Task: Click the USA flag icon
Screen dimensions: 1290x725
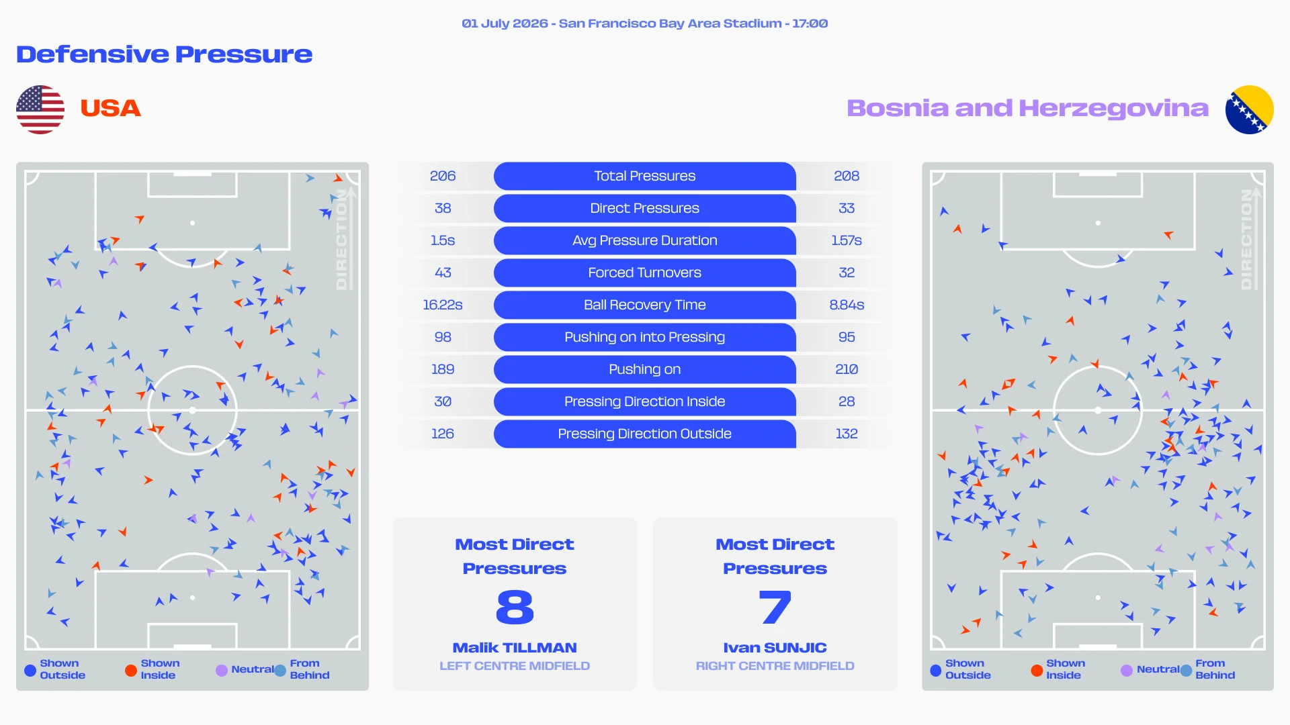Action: (x=40, y=109)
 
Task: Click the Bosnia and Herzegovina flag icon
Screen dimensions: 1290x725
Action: (x=1249, y=109)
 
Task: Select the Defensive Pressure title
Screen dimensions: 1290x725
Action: (x=165, y=54)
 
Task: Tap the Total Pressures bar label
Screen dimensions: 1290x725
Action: (x=644, y=176)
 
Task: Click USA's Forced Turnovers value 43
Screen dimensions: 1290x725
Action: (x=443, y=273)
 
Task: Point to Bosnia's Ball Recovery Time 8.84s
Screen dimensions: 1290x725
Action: (x=847, y=305)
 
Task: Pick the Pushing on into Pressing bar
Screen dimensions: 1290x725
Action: (x=644, y=337)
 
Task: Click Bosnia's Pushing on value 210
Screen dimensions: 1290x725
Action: (x=847, y=369)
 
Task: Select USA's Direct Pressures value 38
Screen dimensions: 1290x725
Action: (x=443, y=208)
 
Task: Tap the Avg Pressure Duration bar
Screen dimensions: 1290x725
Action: (x=644, y=240)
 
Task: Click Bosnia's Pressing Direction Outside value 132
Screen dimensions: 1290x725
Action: (x=847, y=434)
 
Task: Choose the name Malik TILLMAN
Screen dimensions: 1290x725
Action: (x=515, y=648)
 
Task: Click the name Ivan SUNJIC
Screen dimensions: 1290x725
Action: (x=775, y=648)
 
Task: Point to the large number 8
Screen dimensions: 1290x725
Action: (x=515, y=607)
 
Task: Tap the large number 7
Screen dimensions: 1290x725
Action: (x=775, y=607)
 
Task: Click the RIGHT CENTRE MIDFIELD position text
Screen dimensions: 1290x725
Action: (x=775, y=666)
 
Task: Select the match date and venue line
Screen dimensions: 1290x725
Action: (x=644, y=23)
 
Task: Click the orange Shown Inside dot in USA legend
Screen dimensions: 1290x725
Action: (x=131, y=670)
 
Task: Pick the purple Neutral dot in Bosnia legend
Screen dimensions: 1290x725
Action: (x=1127, y=670)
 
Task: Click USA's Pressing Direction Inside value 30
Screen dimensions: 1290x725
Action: (x=443, y=401)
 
